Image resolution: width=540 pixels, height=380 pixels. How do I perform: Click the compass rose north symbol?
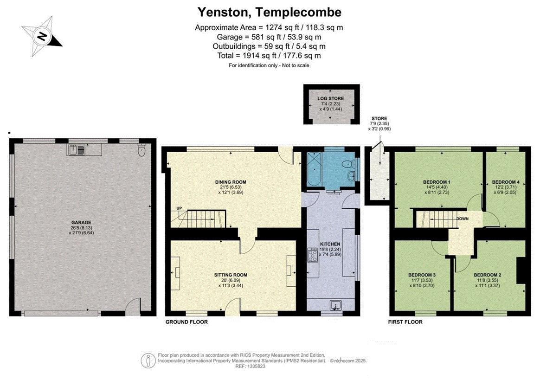(42, 36)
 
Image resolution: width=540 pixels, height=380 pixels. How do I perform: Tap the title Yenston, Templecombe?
(270, 13)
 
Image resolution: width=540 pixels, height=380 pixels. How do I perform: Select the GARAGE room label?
(81, 223)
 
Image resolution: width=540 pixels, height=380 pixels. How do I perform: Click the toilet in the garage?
(141, 150)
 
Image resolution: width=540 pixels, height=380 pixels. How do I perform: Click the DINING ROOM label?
(231, 182)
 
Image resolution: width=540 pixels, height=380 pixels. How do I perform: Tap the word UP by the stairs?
(179, 208)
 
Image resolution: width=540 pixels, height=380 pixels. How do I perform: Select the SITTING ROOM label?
(231, 275)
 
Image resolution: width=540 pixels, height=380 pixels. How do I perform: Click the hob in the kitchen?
(313, 255)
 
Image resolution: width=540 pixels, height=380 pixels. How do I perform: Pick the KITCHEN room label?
(330, 244)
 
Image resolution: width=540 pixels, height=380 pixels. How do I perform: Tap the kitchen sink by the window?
(335, 306)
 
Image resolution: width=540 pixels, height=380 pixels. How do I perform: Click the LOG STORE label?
(331, 98)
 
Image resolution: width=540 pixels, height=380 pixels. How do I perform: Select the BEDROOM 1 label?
(437, 182)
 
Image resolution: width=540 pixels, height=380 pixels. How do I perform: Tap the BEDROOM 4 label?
(506, 182)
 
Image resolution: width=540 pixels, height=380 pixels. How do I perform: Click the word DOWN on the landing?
(463, 219)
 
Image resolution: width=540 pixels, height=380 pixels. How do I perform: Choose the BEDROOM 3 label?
(422, 275)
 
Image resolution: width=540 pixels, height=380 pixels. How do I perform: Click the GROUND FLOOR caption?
(186, 322)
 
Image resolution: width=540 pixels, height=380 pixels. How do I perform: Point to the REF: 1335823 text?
(251, 367)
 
